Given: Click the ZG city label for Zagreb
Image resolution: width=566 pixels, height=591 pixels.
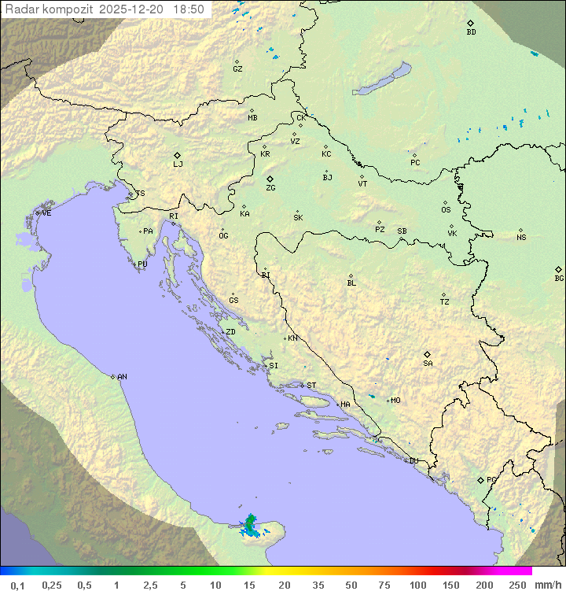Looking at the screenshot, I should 270,188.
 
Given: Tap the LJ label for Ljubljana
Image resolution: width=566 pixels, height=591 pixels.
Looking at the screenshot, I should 178,164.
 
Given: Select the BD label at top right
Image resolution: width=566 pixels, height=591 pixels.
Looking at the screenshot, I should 471,32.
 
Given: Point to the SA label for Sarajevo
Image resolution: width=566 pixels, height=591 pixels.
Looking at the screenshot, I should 428,363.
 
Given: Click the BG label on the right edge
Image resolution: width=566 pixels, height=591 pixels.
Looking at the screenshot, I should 559,278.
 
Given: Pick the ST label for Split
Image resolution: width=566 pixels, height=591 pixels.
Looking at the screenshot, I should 311,386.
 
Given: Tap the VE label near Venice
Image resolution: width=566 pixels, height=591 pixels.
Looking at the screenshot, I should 46,213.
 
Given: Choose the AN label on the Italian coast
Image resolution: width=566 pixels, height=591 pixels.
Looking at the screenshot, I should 122,377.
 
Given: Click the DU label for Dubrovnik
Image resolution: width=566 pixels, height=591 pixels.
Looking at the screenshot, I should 413,461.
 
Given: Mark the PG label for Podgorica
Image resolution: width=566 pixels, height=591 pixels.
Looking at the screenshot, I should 491,479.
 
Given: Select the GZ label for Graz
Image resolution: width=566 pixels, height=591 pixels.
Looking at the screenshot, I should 237,69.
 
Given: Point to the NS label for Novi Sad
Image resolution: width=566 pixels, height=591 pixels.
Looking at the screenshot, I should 521,238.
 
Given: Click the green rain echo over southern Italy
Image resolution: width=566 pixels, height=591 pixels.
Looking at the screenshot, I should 250,524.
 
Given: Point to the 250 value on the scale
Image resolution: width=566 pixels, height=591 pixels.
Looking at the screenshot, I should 517,585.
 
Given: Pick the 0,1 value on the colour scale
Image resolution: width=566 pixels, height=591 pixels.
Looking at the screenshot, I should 17,585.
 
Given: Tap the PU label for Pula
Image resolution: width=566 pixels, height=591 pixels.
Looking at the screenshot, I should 142,264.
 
